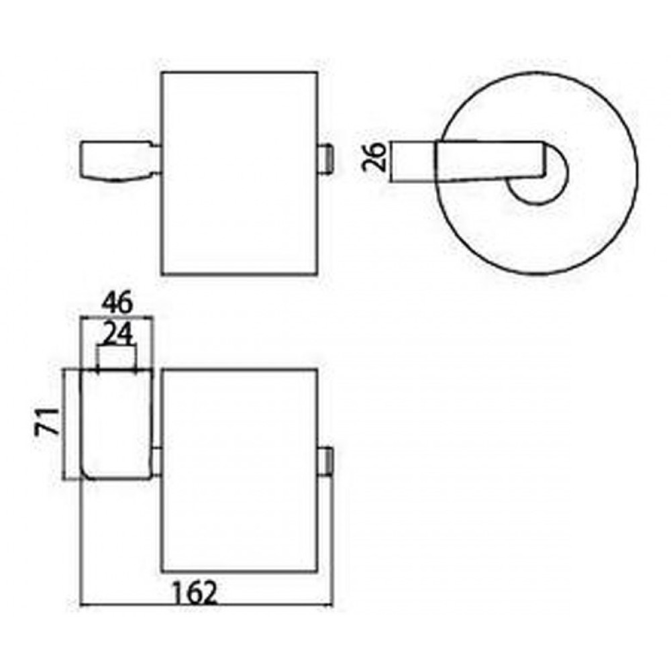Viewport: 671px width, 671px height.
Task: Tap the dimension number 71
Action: click(x=47, y=421)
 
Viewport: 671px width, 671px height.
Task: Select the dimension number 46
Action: click(x=117, y=303)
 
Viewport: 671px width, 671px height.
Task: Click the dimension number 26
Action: click(x=374, y=157)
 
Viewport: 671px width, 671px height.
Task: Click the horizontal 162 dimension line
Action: click(x=206, y=605)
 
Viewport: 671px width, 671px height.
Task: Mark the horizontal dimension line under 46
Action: click(x=117, y=317)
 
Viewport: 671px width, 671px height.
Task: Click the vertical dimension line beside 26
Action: click(x=392, y=161)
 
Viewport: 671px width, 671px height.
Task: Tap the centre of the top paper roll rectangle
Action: click(x=240, y=173)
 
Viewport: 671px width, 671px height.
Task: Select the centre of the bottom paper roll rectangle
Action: click(x=240, y=470)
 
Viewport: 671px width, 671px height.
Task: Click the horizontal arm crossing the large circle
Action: click(x=492, y=161)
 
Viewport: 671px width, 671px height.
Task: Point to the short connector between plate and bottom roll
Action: click(x=157, y=462)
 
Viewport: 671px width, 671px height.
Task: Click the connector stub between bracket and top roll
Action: click(x=158, y=160)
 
